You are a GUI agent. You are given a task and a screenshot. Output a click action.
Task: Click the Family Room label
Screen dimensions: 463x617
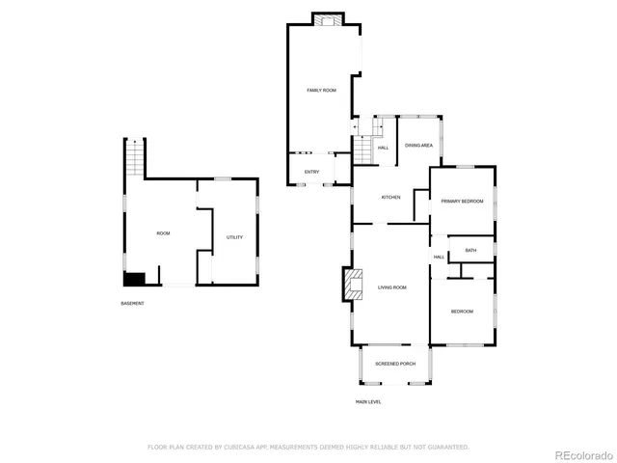[x=321, y=90]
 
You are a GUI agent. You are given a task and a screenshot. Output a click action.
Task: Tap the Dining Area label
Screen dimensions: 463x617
[x=418, y=145]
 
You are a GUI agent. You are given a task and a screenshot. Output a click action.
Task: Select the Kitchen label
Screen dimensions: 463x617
[x=390, y=197]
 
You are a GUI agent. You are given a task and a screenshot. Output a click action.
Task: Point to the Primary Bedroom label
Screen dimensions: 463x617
[x=462, y=201]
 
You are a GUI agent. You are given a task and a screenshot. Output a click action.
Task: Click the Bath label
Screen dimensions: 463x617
[x=470, y=251]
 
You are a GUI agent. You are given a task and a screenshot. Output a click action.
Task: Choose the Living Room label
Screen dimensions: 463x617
[x=391, y=287]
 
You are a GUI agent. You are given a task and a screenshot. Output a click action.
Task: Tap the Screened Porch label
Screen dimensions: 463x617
[x=394, y=363]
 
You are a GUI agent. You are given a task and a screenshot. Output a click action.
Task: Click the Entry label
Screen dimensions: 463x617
[x=311, y=172]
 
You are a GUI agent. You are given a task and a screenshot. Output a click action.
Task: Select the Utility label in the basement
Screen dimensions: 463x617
[x=234, y=237]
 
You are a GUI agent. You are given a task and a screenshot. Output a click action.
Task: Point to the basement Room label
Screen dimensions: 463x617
[x=164, y=233]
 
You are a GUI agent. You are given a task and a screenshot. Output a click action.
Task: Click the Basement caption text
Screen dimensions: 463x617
[x=132, y=304]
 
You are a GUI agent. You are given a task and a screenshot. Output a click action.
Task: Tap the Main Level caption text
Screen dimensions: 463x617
[x=368, y=401]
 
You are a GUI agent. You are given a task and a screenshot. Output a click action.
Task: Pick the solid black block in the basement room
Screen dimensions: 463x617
[x=134, y=279]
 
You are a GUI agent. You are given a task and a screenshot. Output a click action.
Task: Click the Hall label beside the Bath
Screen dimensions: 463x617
[x=439, y=257]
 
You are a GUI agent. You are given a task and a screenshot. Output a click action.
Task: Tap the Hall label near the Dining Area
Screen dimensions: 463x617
[x=383, y=148]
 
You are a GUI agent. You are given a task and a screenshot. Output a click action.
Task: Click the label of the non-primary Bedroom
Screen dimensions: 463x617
[x=462, y=312]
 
